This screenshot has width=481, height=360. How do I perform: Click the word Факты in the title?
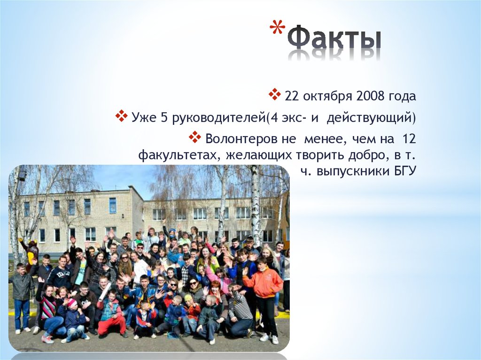[x=334, y=40]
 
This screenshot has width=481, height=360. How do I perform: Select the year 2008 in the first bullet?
[x=370, y=97]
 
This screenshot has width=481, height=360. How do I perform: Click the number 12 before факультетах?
[x=409, y=139]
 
